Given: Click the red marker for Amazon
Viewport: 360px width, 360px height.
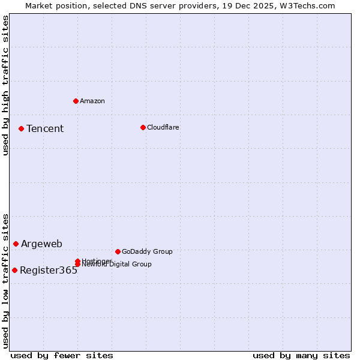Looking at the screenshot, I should tap(76, 101).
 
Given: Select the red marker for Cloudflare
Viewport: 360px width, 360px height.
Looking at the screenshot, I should tap(143, 127).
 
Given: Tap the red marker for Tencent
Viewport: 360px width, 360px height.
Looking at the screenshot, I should tap(21, 128).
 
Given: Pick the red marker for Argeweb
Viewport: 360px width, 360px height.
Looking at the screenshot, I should tap(16, 244).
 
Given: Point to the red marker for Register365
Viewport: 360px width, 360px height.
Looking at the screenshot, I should tap(14, 270).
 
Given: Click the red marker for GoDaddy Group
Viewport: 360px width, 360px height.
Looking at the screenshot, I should tap(118, 251).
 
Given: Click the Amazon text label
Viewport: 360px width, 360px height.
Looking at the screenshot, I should tap(92, 101).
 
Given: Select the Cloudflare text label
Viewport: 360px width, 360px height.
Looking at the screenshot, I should tap(163, 127).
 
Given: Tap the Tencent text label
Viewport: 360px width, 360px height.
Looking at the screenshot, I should tap(45, 128).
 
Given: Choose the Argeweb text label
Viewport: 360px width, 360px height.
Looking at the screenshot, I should tap(41, 244).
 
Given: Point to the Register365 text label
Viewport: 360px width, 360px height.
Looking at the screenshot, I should tap(49, 270).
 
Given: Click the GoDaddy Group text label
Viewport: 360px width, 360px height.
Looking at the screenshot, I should tap(147, 251).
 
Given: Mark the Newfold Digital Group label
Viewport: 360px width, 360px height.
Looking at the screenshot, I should tap(117, 265).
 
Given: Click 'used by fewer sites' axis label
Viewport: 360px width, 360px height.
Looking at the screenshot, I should tap(62, 355).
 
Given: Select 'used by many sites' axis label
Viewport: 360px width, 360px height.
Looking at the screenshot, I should tap(301, 355).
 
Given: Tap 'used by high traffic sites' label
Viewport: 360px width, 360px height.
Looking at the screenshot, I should tap(6, 85).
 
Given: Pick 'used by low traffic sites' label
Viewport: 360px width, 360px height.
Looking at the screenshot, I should tap(6, 280).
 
